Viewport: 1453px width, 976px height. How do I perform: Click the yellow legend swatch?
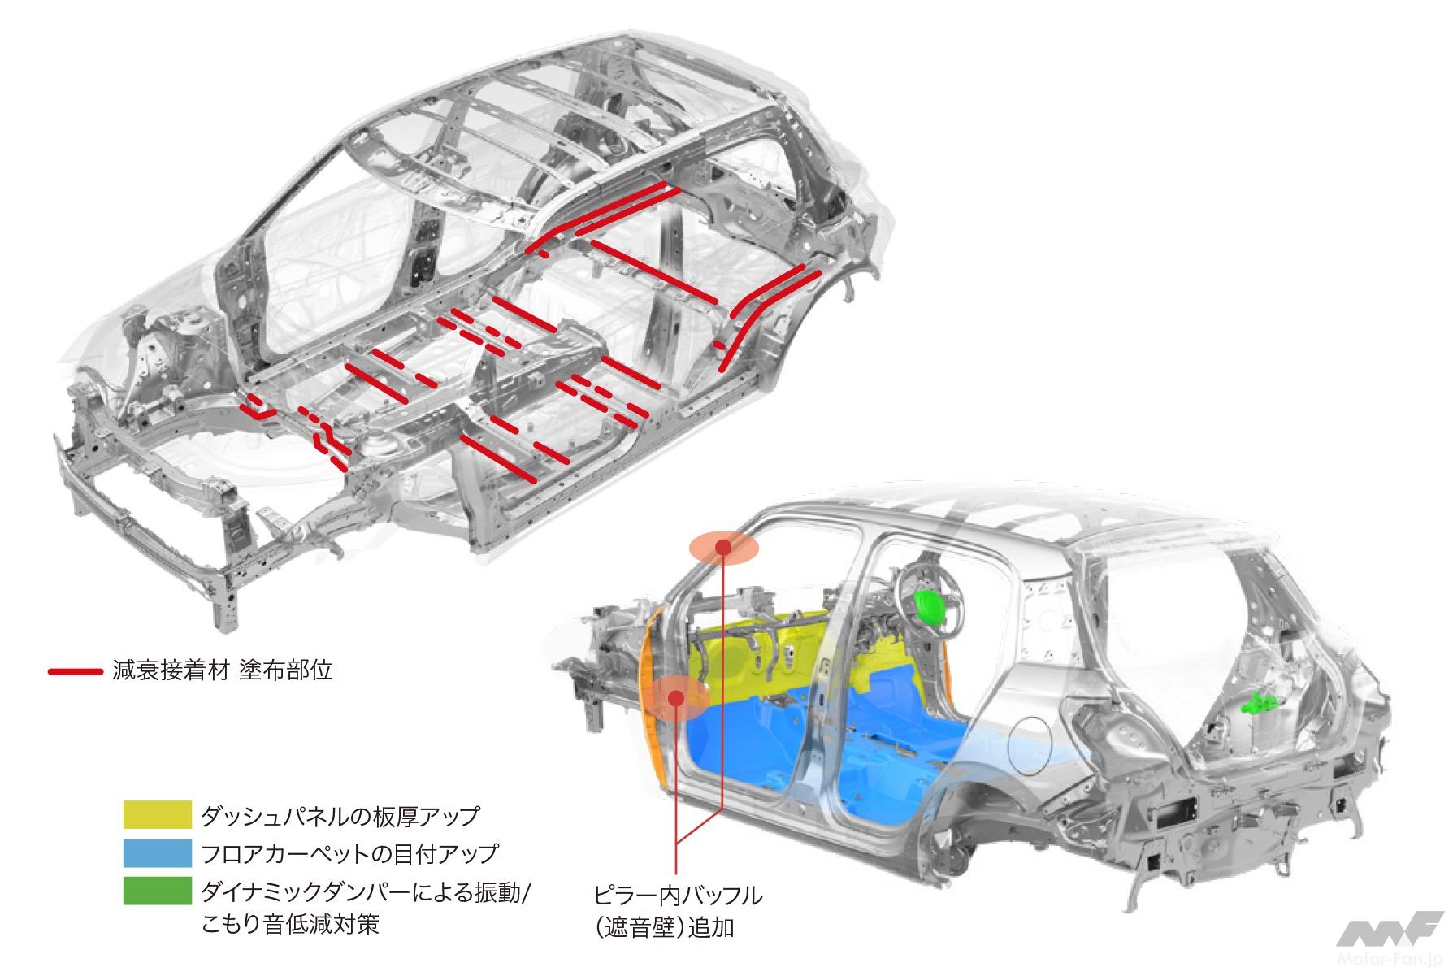coord(157,814)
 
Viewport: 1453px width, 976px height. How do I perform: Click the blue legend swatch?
coord(157,853)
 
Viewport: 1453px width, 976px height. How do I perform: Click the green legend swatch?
coord(157,891)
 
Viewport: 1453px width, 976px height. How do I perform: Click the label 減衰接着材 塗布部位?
coord(223,671)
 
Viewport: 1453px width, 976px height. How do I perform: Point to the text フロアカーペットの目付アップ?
coord(349,853)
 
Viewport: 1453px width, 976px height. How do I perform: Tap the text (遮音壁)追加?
coord(663,926)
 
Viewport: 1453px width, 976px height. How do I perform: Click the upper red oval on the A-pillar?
coord(722,547)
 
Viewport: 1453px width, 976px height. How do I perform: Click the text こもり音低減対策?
coord(290,925)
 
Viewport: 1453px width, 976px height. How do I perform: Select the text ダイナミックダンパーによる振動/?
coord(366,891)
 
